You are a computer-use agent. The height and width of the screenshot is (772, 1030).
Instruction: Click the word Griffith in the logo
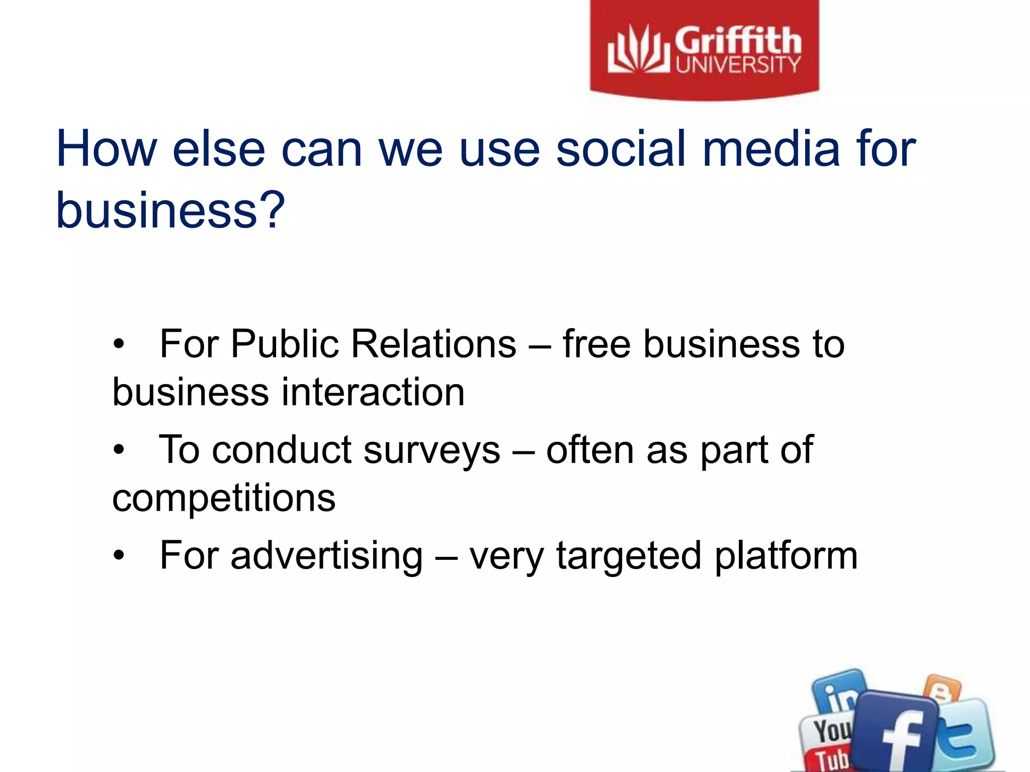[x=737, y=41]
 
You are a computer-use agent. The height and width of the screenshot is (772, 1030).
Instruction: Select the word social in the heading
[x=622, y=149]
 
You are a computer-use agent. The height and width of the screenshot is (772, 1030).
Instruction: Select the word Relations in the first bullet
[x=434, y=345]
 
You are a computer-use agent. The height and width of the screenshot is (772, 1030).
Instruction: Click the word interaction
[x=372, y=393]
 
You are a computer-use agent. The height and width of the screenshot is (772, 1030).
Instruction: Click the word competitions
[x=223, y=499]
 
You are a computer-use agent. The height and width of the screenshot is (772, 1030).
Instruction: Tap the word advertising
[x=326, y=556]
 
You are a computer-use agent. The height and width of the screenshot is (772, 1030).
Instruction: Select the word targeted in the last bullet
[x=628, y=556]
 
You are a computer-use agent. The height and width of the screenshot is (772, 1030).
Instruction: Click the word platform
[x=786, y=556]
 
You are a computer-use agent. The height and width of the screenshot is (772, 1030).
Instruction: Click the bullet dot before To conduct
[x=118, y=449]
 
